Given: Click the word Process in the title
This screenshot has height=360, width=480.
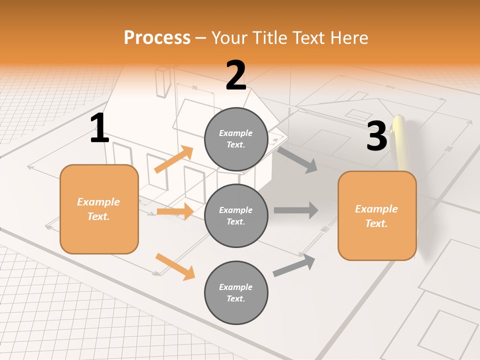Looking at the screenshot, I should click(157, 38).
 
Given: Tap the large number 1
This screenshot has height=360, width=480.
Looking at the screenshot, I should click(99, 128).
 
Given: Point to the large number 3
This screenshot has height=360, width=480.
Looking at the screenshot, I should click(376, 135).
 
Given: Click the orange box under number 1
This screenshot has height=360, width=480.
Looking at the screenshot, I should click(99, 209).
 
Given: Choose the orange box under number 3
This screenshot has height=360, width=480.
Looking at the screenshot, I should click(377, 215).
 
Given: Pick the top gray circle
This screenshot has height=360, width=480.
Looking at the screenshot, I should click(236, 139).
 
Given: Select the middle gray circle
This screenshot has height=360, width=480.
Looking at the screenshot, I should click(236, 215).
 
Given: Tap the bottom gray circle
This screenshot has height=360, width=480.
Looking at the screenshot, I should click(236, 292).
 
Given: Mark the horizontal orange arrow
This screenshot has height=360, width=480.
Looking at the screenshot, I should click(175, 211).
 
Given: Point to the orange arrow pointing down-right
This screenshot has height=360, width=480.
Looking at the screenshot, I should click(175, 267).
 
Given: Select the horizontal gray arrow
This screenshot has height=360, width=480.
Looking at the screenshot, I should click(296, 210).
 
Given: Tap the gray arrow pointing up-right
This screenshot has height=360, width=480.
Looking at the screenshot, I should click(294, 265).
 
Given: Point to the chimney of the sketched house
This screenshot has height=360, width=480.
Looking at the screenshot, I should click(162, 82).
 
